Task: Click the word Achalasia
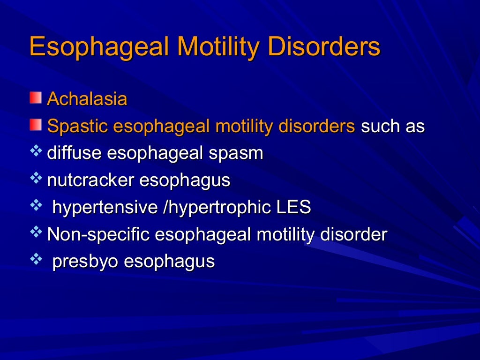87,99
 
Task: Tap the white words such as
393,127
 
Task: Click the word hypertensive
105,208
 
